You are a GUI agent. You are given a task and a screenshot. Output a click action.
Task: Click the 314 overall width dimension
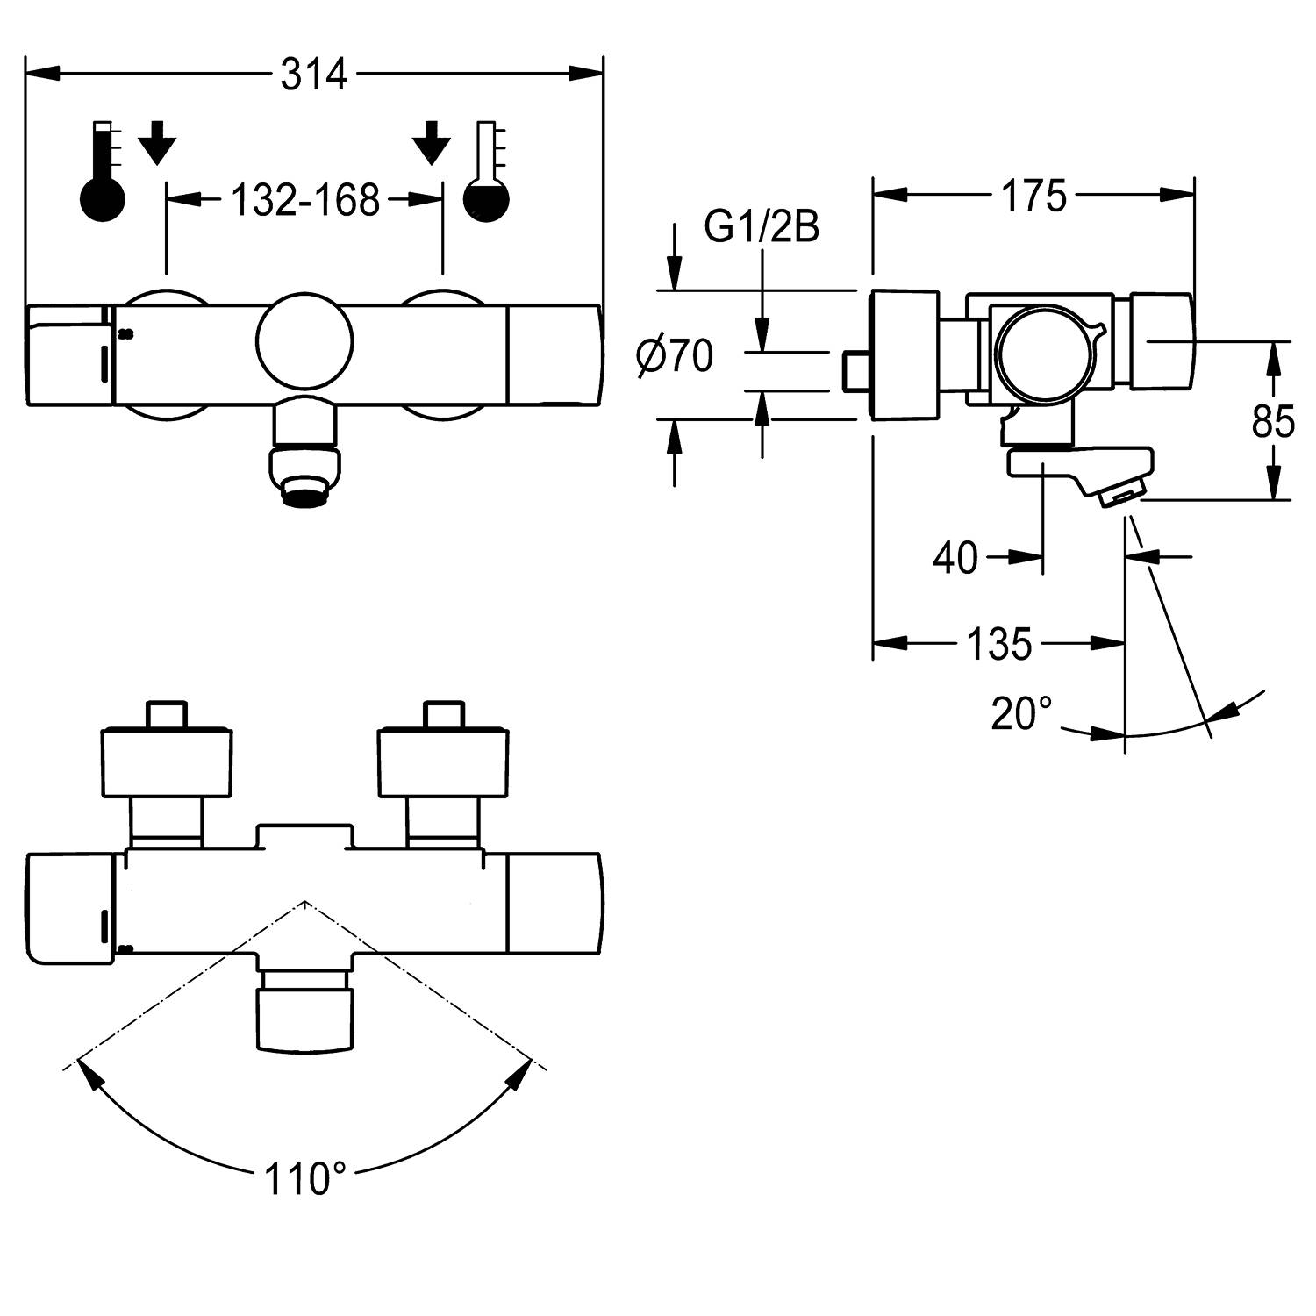pyautogui.click(x=314, y=75)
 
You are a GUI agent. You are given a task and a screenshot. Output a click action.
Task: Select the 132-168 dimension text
pyautogui.click(x=304, y=201)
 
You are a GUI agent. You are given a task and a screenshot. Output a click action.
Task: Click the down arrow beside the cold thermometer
pyautogui.click(x=431, y=142)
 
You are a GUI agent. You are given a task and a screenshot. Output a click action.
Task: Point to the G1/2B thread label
pyautogui.click(x=762, y=227)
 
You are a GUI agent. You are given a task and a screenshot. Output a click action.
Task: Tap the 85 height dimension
pyautogui.click(x=1273, y=423)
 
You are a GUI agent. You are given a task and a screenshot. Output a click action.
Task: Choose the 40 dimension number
pyautogui.click(x=955, y=557)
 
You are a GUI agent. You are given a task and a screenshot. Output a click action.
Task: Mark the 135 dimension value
pyautogui.click(x=998, y=645)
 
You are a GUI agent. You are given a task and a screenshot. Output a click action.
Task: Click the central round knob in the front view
pyautogui.click(x=305, y=342)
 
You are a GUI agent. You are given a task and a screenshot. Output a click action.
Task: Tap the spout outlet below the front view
pyautogui.click(x=304, y=478)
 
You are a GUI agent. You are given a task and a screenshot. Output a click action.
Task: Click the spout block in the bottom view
pyautogui.click(x=304, y=1016)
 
